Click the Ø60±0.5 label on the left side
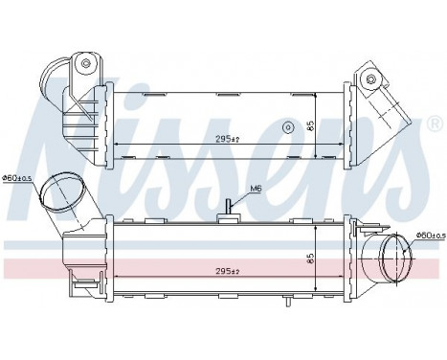(x=18, y=176)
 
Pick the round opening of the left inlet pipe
(x=59, y=191)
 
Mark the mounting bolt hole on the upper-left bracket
(x=85, y=65)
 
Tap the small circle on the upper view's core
(x=286, y=126)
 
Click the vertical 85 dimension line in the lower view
(x=317, y=259)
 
